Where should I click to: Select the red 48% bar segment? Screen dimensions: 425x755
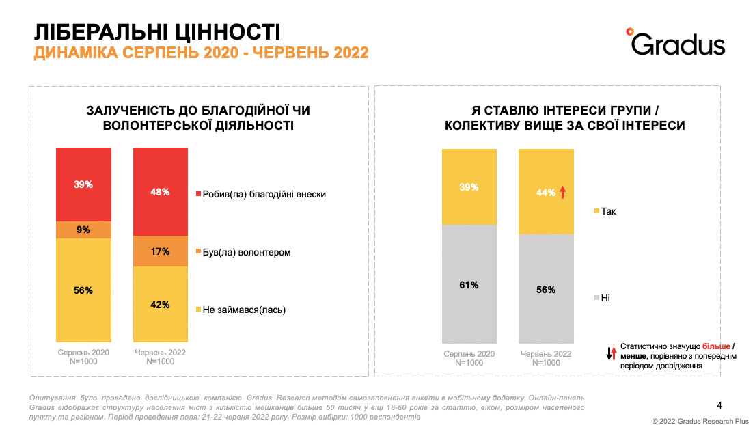coord(160,192)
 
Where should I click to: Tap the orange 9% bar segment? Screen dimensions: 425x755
coord(83,230)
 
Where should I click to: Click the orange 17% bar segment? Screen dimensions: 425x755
coord(160,251)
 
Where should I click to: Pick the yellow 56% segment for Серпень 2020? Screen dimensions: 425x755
coord(83,290)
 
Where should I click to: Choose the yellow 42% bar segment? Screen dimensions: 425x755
coord(160,305)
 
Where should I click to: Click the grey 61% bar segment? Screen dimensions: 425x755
coord(469,284)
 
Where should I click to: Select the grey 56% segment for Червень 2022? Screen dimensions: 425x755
coord(545,289)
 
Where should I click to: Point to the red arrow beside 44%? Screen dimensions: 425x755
coord(562,193)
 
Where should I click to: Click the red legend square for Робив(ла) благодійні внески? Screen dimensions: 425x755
coord(199,194)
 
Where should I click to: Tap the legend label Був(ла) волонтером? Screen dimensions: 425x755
coord(247,252)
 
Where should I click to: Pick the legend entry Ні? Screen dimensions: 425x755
coord(605,298)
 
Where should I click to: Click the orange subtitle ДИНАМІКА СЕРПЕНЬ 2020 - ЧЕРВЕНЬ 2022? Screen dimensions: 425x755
coord(201,53)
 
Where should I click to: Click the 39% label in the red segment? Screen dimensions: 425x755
coord(83,184)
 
